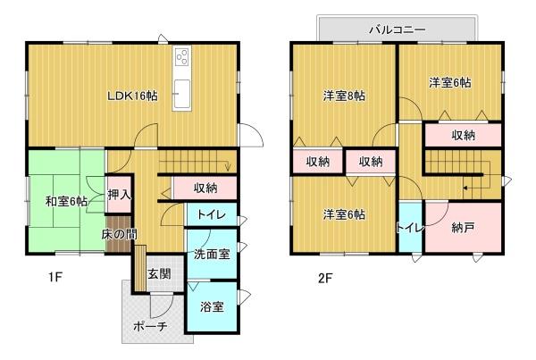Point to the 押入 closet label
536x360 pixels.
point(120,193)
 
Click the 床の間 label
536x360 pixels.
point(118,234)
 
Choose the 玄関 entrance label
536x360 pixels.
point(159,273)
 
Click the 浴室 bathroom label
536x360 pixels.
point(212,306)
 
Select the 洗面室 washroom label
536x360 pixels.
point(212,254)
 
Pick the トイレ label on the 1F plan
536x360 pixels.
point(211,214)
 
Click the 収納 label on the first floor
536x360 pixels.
point(205,188)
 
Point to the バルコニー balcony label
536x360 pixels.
point(397,29)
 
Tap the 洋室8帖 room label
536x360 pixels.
point(344,95)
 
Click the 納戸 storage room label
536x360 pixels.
point(463,228)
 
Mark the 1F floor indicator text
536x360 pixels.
point(55,278)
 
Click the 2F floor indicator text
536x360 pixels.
point(324,278)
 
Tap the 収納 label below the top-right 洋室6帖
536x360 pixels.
point(463,135)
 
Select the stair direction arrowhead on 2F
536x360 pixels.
point(465,188)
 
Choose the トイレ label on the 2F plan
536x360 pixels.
point(410,228)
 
